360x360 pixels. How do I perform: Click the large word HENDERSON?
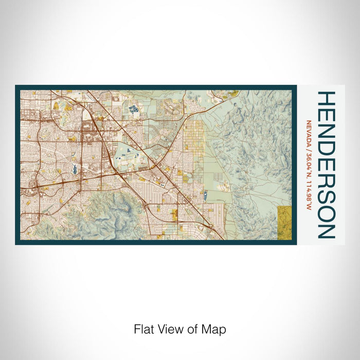[x=327, y=165]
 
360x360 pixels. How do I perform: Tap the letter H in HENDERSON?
[x=327, y=100]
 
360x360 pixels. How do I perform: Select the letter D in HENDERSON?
[x=327, y=150]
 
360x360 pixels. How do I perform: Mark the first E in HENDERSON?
[x=327, y=116]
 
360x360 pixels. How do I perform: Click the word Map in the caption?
[x=215, y=329]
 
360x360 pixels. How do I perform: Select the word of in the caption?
[x=194, y=329]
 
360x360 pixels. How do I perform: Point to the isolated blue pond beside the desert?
[x=205, y=194]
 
